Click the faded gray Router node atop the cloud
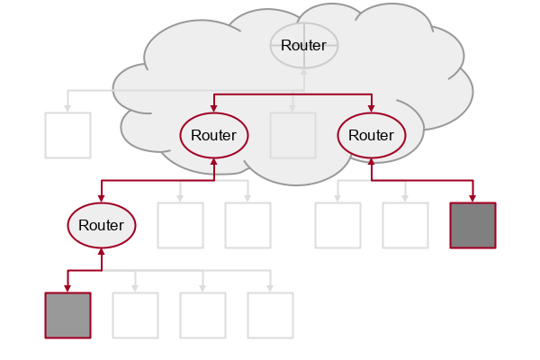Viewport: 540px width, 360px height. point(304,45)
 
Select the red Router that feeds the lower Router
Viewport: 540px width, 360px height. point(214,135)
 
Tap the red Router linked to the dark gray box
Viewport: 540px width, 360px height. point(372,135)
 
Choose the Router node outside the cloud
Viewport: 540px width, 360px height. point(102,225)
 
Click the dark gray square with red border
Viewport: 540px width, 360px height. point(472,225)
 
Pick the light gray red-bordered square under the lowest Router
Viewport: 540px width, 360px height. point(67,315)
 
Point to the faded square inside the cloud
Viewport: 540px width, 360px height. point(292,135)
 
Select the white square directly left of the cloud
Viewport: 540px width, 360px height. point(67,135)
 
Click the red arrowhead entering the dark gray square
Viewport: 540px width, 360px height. point(472,199)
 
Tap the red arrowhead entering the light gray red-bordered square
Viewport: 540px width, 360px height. point(67,289)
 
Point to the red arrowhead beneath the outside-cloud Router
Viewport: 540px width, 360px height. point(102,251)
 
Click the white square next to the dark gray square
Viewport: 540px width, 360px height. point(405,225)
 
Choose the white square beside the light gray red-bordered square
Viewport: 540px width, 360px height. point(135,315)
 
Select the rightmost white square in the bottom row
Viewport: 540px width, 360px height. point(270,315)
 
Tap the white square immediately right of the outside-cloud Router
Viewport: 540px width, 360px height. point(180,225)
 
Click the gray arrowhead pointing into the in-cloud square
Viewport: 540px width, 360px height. point(292,109)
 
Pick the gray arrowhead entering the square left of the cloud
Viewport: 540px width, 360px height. point(67,109)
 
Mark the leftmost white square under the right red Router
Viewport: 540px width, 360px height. point(337,225)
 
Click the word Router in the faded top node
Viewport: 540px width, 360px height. point(304,45)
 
